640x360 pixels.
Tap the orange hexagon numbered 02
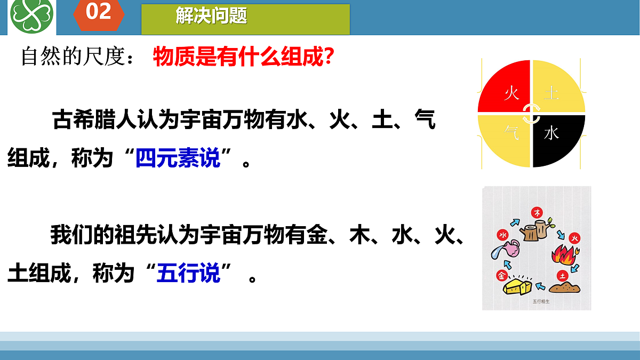99,13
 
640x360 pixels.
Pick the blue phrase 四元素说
178,158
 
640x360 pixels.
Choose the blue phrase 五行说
188,274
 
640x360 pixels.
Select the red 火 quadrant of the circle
506,89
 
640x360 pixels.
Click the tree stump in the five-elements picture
535,230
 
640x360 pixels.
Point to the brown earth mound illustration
564,288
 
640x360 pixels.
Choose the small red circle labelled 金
501,276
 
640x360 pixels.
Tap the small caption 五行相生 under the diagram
540,301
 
